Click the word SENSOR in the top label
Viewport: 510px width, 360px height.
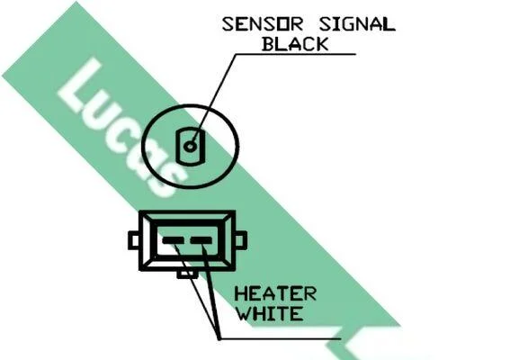point(263,24)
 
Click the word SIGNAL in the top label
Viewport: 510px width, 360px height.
point(357,24)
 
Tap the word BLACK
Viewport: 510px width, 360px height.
point(295,44)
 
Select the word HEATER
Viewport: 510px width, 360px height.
point(275,294)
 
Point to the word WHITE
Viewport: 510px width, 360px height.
point(269,313)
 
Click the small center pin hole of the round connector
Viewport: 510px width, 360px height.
point(190,147)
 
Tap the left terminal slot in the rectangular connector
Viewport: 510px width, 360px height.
point(173,241)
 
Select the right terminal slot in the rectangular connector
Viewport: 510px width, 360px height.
point(201,241)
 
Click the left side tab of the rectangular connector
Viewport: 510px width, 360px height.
point(134,240)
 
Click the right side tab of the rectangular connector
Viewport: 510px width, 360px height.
point(241,240)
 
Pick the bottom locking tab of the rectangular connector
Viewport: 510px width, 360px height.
point(187,274)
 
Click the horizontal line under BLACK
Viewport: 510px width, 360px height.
point(296,54)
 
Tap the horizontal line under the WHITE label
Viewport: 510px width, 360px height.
point(281,338)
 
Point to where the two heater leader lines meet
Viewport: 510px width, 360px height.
point(219,338)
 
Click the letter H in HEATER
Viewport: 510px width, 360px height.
point(241,294)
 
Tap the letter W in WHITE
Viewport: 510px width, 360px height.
point(243,313)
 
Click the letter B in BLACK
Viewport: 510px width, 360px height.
point(269,44)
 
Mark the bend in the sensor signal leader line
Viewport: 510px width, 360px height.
point(236,54)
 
